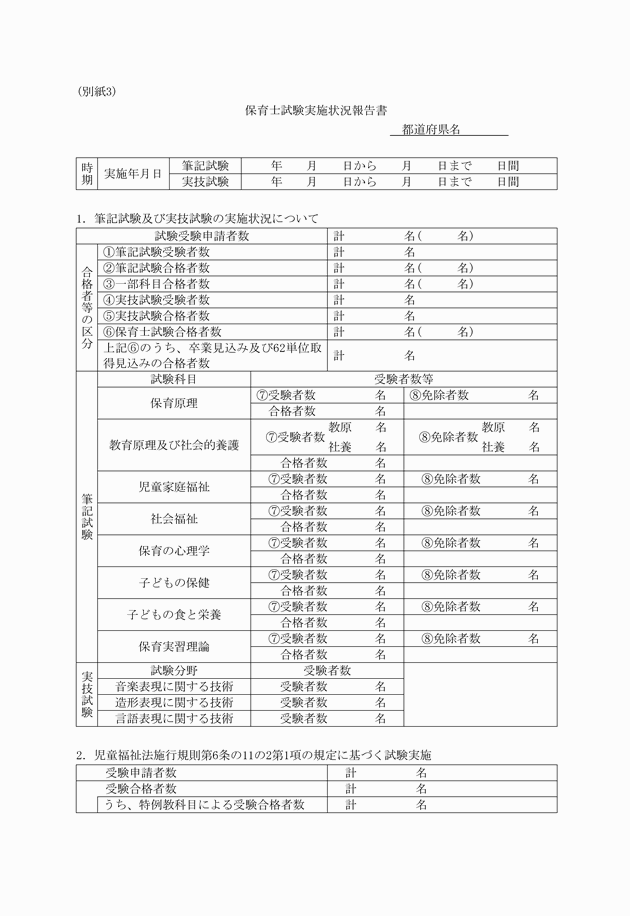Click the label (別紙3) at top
tap(98, 91)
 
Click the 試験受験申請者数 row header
tap(202, 236)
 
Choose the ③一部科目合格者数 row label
tap(163, 284)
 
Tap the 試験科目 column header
tap(173, 380)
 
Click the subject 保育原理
tap(173, 403)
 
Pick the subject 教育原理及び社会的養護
tap(173, 445)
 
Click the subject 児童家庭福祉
tap(173, 487)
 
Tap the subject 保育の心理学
tap(173, 550)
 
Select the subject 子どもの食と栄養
tap(173, 613)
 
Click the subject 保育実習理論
tap(173, 645)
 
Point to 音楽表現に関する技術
tap(174, 686)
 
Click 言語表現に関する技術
tap(174, 718)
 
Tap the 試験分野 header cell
tap(173, 670)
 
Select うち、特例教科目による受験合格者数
tap(201, 804)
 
